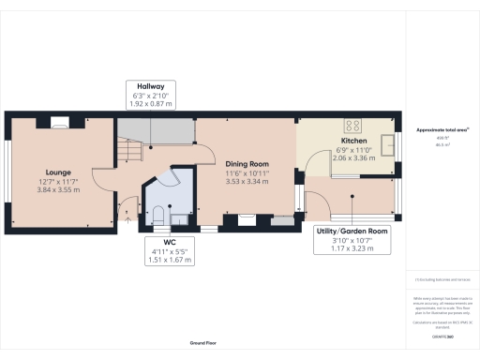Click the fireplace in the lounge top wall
pos(59,120)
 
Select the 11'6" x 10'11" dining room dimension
pos(245,171)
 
